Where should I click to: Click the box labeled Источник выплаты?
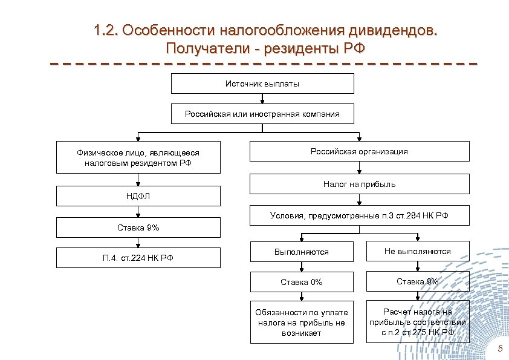click(262, 83)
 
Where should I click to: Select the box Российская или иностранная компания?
click(262, 114)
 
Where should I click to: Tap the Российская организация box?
click(359, 151)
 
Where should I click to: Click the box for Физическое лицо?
click(138, 158)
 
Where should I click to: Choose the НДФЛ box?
click(138, 196)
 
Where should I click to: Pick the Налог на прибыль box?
click(359, 183)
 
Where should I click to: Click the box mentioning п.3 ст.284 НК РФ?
click(359, 215)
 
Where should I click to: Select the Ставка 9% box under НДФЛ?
click(138, 227)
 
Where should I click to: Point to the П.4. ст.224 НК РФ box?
click(138, 258)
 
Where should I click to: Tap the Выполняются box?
click(301, 252)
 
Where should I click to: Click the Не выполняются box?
click(417, 251)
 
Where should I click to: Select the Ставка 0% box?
click(301, 282)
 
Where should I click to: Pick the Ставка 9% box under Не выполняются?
click(417, 281)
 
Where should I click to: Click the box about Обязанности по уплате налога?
click(301, 322)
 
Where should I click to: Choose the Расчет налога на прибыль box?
click(417, 322)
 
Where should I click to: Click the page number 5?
click(499, 349)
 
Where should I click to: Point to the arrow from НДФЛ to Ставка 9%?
click(138, 212)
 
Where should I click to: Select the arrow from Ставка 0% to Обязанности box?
click(301, 296)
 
